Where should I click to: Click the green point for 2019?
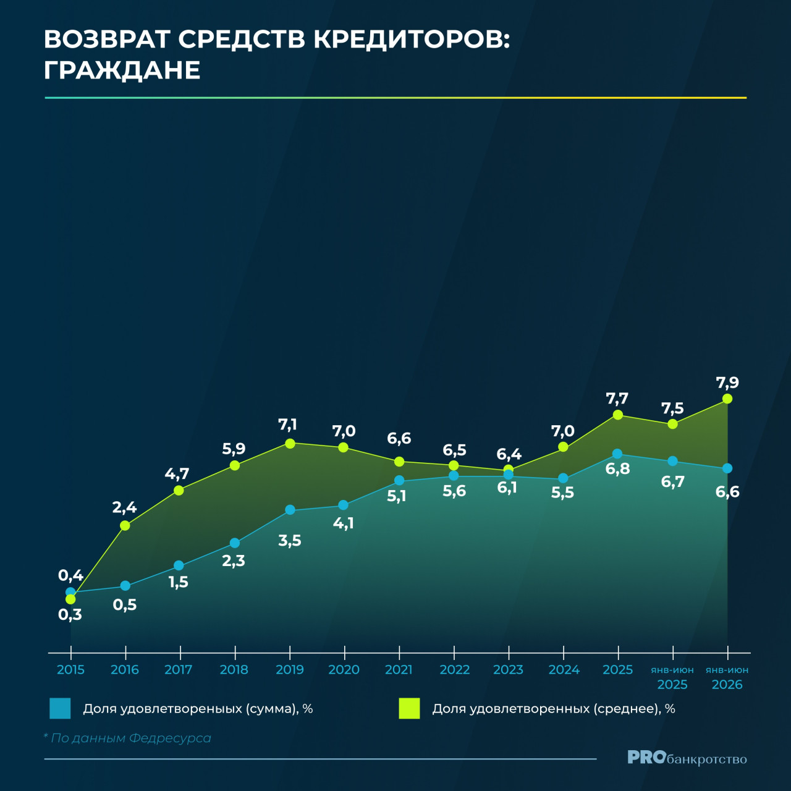tap(290, 443)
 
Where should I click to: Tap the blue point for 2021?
tap(399, 480)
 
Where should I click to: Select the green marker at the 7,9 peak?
tap(727, 399)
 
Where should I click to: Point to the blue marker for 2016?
tap(125, 585)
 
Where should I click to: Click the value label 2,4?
tap(124, 508)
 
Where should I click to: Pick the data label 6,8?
tap(617, 469)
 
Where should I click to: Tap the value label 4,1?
tap(343, 523)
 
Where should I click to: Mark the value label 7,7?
tap(617, 398)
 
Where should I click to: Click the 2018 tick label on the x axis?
tap(234, 670)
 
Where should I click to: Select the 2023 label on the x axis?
tap(508, 670)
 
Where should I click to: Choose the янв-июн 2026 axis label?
tap(727, 677)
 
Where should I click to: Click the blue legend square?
tap(60, 708)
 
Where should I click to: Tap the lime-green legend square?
tap(409, 708)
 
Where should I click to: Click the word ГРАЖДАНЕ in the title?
tap(122, 70)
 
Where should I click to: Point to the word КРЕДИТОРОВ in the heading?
tap(413, 40)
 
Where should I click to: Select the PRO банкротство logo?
tap(687, 758)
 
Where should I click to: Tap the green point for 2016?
tap(125, 525)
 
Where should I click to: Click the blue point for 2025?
tap(617, 454)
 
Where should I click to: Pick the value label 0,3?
tap(70, 615)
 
